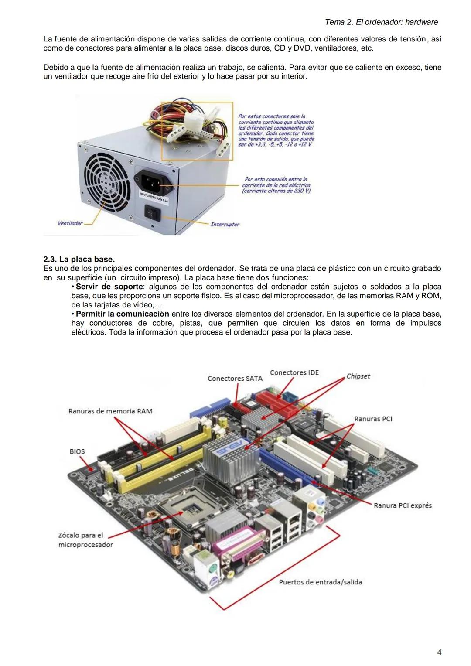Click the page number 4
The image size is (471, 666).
[x=439, y=652]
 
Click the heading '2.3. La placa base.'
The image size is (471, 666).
[x=79, y=260]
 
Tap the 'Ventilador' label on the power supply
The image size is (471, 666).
[x=70, y=223]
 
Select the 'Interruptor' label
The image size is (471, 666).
[x=225, y=225]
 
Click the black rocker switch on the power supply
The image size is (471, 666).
[x=153, y=213]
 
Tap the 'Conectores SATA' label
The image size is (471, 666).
[x=235, y=379]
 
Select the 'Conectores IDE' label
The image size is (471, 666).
[x=294, y=372]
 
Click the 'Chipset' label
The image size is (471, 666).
[x=358, y=376]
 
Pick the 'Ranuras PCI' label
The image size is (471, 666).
[x=373, y=419]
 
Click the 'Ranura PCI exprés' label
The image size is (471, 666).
[x=403, y=505]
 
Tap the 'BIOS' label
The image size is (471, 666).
[x=77, y=451]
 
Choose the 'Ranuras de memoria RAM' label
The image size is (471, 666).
[x=110, y=411]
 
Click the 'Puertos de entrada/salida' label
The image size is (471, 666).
[x=321, y=582]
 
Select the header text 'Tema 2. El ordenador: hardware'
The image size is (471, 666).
[x=381, y=22]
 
